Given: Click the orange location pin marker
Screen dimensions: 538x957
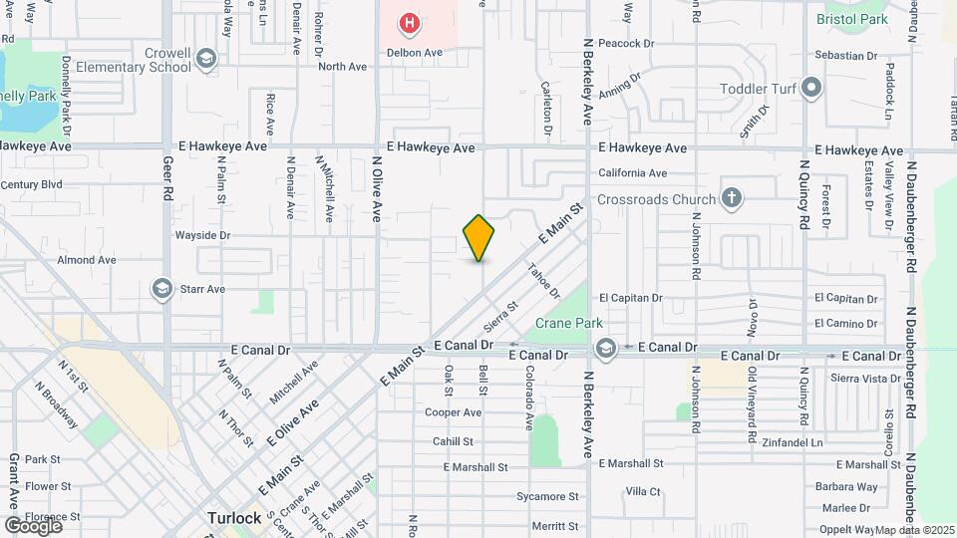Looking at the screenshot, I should click(x=478, y=238).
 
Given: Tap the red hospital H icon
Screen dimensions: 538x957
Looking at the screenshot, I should click(x=408, y=22).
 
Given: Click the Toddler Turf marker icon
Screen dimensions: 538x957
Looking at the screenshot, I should click(x=811, y=89).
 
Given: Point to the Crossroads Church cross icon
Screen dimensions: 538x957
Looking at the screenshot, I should click(x=732, y=198).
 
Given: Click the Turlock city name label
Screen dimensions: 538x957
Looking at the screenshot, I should click(x=234, y=518).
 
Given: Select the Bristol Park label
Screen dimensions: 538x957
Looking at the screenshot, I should click(x=850, y=19).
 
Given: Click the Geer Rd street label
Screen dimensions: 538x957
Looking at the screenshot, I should click(x=167, y=178).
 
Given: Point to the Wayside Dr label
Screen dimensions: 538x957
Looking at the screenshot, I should click(x=202, y=236).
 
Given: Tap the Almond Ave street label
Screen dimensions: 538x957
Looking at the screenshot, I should click(x=87, y=260).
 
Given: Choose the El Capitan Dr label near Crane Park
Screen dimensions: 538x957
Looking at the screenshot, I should click(x=631, y=297).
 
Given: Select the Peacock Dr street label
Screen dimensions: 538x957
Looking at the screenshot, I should click(x=626, y=44).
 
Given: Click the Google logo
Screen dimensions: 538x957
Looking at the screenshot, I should click(x=33, y=525).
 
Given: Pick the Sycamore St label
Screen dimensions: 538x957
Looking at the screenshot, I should click(x=547, y=496).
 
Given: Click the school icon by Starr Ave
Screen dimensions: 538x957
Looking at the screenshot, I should click(x=160, y=289).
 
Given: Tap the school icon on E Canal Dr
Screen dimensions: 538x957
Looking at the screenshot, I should click(x=605, y=348).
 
